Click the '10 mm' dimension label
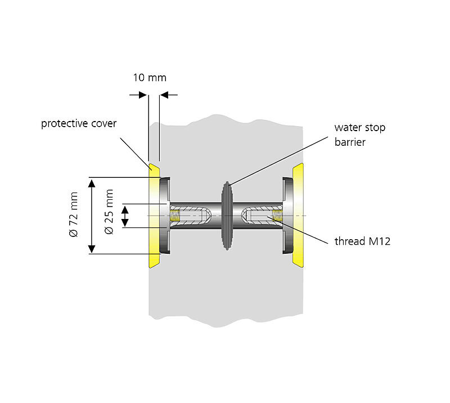point(150,78)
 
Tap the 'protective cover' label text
point(79,124)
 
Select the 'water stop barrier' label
point(360,135)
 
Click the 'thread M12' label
point(362,241)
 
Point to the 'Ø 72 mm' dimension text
point(74,214)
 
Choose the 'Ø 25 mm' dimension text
point(109,212)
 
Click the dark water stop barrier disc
point(227,216)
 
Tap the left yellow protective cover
point(154,216)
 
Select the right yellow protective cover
point(298,216)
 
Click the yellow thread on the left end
point(174,216)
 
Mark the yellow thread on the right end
point(277,216)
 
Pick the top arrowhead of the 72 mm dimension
point(92,183)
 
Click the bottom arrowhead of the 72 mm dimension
point(92,249)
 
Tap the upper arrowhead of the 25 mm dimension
point(125,209)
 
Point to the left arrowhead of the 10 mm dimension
point(143,95)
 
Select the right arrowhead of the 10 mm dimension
point(164,95)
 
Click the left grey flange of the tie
point(165,216)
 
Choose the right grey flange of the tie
point(287,216)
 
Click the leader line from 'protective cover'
point(136,154)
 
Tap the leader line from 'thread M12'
point(298,230)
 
